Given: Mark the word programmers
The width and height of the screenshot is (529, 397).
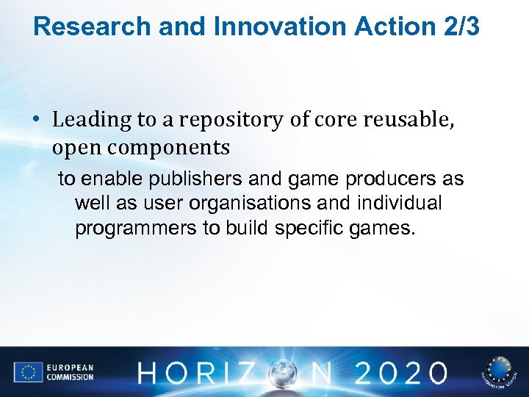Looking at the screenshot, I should point(136,228).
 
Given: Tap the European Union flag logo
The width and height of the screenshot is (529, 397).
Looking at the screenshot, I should point(27,372).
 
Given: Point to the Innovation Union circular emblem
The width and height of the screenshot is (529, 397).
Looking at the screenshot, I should point(498,371).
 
